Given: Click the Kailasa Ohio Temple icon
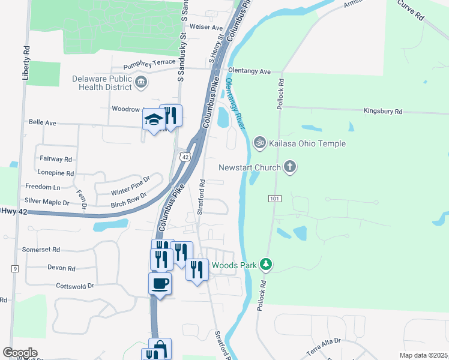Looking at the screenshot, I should [x=259, y=143].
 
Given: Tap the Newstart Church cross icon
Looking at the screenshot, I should [x=290, y=167].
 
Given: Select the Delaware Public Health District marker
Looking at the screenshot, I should [x=141, y=82].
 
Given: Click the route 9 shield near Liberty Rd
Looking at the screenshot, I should [x=14, y=268].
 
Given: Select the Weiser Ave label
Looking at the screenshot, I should [x=206, y=28].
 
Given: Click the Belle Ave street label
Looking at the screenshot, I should [x=43, y=122].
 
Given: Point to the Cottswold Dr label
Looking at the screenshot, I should [x=75, y=286].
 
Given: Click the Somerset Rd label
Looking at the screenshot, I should [x=41, y=249].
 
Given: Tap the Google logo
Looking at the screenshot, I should [x=20, y=352].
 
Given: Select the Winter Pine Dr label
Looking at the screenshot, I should [x=130, y=185].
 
